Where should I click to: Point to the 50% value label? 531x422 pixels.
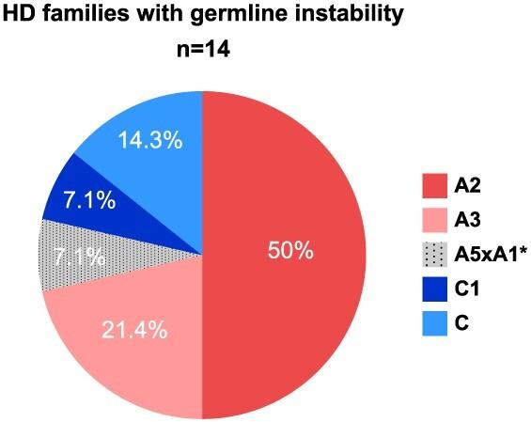pos(290,253)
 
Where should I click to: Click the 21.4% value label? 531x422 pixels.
pos(135,330)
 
